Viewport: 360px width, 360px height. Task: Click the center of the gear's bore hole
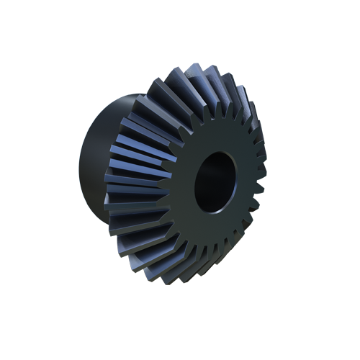216,185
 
